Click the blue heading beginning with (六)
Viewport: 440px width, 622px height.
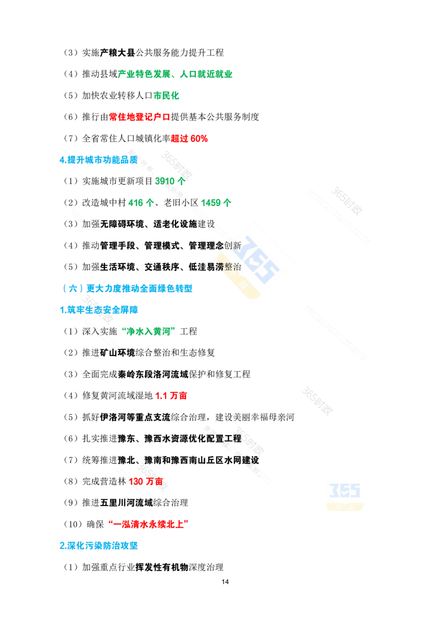click(127, 288)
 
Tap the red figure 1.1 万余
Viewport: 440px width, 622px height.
click(172, 395)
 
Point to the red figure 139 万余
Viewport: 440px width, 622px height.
click(146, 481)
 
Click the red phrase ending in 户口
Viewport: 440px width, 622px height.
click(140, 116)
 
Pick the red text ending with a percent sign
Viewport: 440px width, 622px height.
click(189, 138)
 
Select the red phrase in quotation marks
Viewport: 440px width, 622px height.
click(147, 524)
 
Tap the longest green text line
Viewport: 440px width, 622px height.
click(175, 73)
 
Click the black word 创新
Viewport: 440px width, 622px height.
click(233, 246)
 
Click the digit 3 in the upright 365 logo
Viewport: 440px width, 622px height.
click(333, 489)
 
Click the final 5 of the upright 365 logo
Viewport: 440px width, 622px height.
click(355, 489)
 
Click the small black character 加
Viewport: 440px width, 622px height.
click(86, 224)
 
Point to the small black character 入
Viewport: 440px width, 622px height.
click(98, 331)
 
